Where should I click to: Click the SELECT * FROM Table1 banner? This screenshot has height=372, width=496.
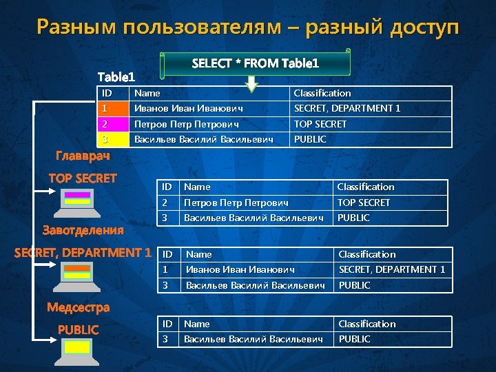255,63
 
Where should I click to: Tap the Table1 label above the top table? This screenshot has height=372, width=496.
116,76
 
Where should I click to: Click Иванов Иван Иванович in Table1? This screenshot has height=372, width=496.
188,108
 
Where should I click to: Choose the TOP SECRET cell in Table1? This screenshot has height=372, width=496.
320,124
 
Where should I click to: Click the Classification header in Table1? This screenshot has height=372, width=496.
322,93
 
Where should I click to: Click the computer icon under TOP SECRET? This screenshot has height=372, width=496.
77,200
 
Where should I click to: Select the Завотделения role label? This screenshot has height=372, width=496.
83,229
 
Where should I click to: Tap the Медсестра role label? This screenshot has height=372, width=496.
78,307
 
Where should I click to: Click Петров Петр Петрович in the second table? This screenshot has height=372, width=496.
236,203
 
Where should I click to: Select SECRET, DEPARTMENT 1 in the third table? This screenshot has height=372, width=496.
391,269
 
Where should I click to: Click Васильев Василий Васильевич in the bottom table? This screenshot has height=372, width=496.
254,339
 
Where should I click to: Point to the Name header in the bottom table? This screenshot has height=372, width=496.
197,324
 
